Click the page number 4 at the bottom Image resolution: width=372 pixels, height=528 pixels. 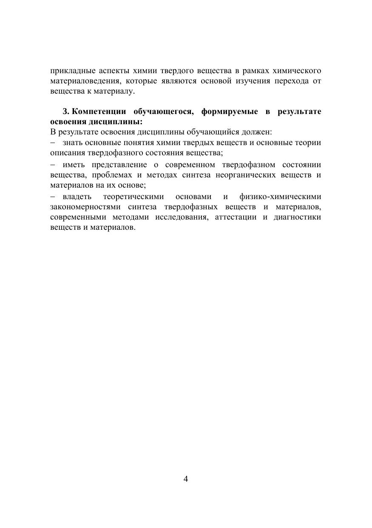pos(186,479)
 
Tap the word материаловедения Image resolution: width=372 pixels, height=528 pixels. pos(80,81)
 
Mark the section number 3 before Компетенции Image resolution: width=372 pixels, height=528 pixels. pos(65,111)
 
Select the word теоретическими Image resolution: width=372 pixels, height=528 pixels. pos(133,197)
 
